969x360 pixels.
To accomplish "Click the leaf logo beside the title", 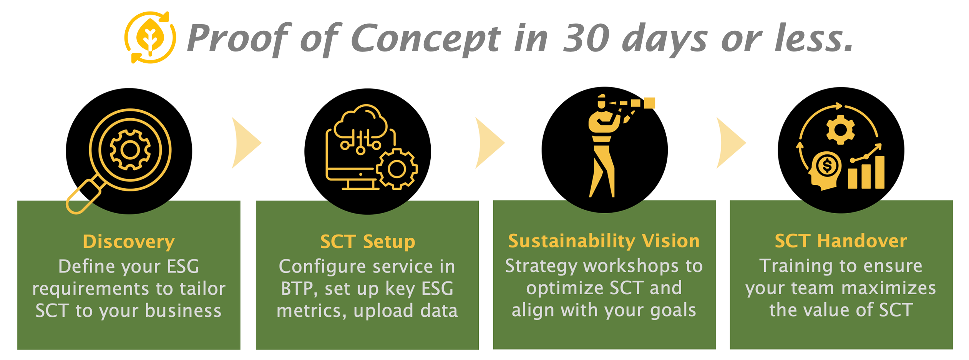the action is tap(150, 38).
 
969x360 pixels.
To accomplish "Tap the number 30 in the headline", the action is tap(586, 38).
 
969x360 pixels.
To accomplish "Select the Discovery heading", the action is tap(129, 242).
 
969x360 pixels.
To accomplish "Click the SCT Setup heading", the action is tap(368, 242).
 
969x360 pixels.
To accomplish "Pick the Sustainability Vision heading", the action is tap(604, 241).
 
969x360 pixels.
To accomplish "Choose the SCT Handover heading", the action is tap(841, 241).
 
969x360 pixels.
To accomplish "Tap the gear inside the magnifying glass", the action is tap(130, 150).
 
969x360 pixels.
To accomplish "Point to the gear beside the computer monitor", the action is tap(397, 169).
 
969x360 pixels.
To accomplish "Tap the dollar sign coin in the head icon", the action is tap(827, 166).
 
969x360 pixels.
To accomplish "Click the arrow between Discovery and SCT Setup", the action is tap(246, 143).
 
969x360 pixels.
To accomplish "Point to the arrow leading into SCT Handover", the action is tap(731, 143).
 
